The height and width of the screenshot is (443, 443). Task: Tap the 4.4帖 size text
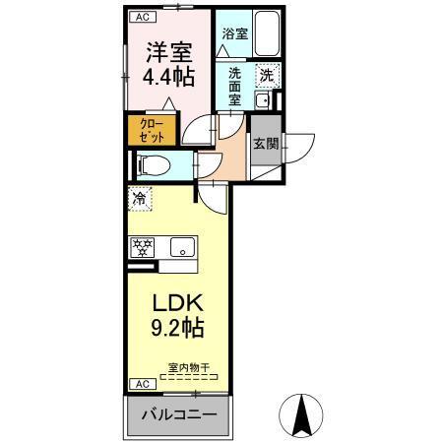[x=170, y=76]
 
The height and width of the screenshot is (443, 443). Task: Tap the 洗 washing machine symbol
[x=268, y=73]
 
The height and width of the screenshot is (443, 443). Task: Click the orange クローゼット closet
[x=152, y=129]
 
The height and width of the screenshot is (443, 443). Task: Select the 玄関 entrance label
[x=266, y=144]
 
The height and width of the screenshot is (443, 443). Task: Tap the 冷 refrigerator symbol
[x=140, y=199]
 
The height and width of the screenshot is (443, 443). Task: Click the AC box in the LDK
[x=141, y=383]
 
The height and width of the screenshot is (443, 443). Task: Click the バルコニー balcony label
[x=178, y=415]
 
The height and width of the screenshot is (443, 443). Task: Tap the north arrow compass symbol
[x=300, y=413]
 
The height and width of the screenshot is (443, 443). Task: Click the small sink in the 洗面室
[x=263, y=100]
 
